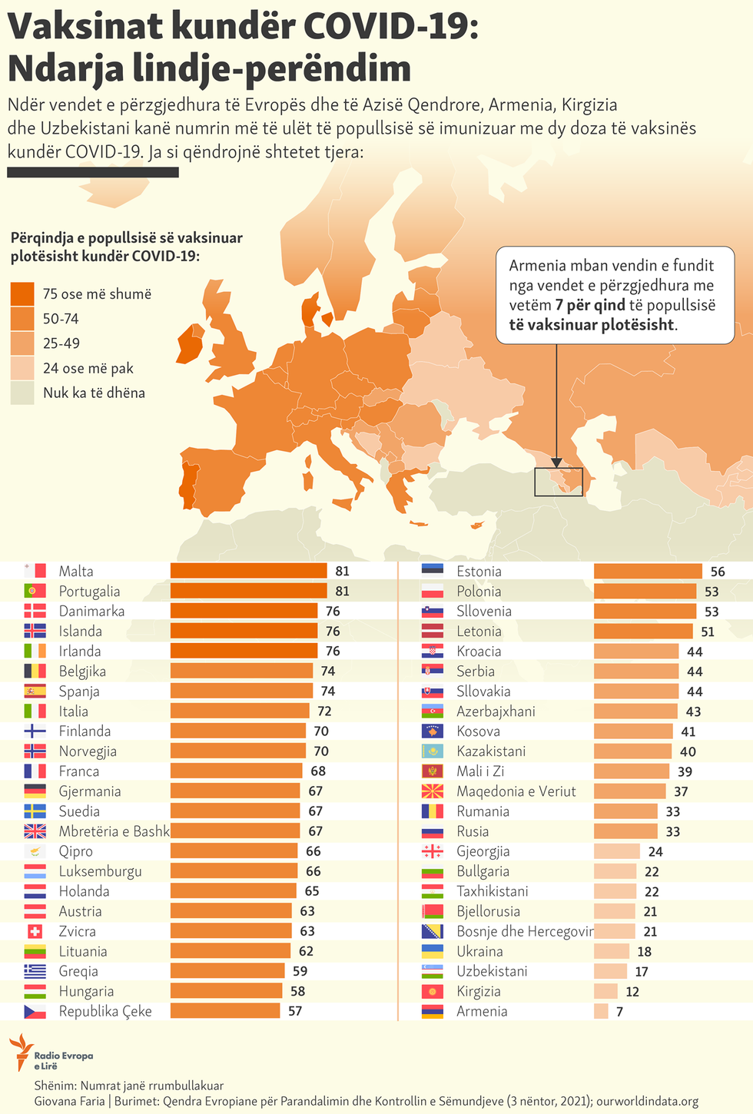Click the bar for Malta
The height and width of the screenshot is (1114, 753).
(x=248, y=571)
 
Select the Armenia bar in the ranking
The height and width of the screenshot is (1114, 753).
(x=601, y=1011)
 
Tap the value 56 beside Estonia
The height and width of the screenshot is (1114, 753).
(x=718, y=572)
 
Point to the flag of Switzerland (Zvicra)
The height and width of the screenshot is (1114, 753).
(x=35, y=931)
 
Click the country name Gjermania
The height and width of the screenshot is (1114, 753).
(x=90, y=791)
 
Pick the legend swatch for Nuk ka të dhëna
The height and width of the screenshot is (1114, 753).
(x=23, y=393)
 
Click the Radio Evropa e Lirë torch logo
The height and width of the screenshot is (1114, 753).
(x=21, y=1052)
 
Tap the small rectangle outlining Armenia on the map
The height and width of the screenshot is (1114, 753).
(x=559, y=482)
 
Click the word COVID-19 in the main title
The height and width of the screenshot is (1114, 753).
(x=391, y=27)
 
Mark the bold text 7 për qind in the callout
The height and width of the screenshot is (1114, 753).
(x=591, y=305)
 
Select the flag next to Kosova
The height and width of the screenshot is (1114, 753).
(x=433, y=731)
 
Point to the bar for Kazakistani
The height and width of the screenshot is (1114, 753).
(x=632, y=751)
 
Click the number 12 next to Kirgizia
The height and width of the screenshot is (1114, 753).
(x=632, y=992)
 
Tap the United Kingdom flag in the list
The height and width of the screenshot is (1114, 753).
(x=35, y=831)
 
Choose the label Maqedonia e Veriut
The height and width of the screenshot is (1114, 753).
(x=516, y=791)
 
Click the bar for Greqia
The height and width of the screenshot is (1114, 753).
(x=227, y=971)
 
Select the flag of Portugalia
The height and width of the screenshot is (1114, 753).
(x=35, y=591)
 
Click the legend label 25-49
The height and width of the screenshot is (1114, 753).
(x=61, y=343)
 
